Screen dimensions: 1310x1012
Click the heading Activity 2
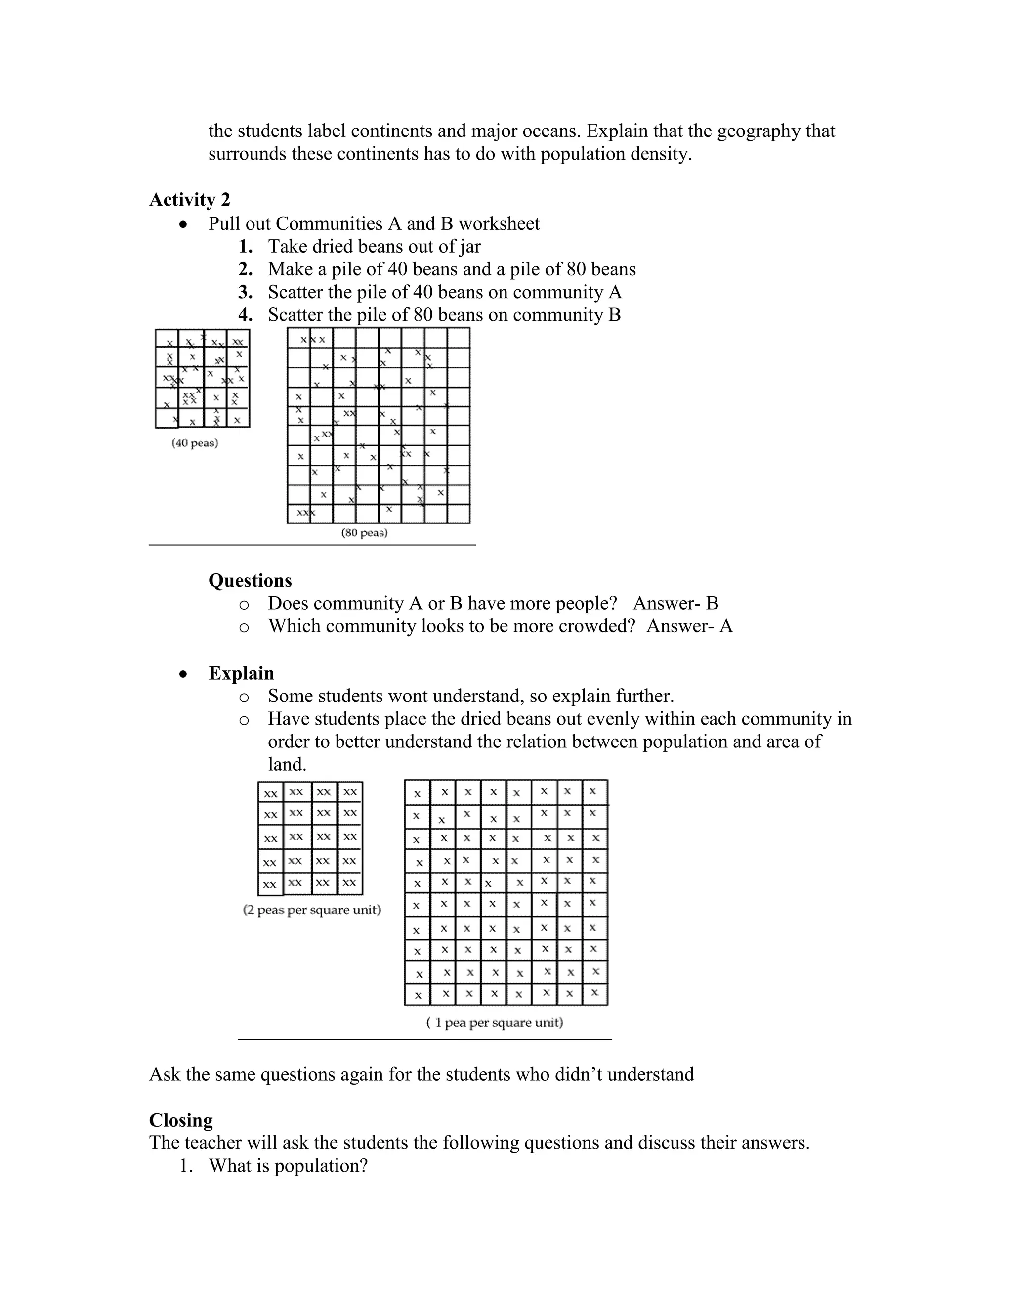point(189,200)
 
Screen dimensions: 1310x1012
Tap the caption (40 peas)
point(195,443)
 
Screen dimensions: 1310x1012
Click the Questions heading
point(250,581)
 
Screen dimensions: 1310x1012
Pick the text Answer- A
point(689,626)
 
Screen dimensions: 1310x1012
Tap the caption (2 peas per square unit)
point(312,910)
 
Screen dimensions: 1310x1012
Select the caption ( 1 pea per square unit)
point(495,1023)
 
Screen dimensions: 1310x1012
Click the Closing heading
point(181,1121)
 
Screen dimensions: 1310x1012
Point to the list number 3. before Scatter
point(245,292)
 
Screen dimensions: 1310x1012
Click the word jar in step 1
point(470,247)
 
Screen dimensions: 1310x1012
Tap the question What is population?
point(288,1166)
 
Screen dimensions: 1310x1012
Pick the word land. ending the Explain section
point(287,765)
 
